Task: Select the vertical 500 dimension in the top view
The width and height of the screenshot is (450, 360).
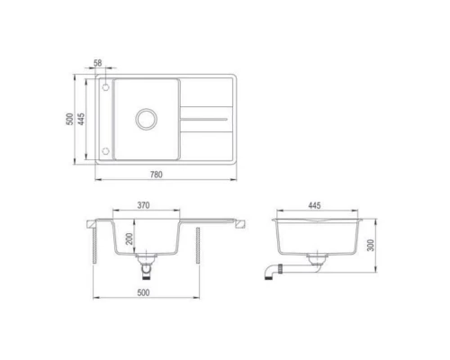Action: [x=69, y=121]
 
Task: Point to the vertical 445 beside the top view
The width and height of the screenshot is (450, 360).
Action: [x=82, y=121]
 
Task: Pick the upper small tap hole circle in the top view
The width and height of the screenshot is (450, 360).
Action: [x=104, y=87]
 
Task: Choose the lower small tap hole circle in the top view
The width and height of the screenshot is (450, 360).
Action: [x=104, y=149]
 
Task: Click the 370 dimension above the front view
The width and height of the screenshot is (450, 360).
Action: [x=143, y=206]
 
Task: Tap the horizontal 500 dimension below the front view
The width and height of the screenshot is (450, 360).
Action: [x=145, y=292]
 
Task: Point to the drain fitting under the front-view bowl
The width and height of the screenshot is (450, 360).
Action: [x=144, y=265]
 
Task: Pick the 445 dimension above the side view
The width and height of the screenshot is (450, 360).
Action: [x=314, y=206]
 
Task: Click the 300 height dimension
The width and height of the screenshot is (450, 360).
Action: [x=369, y=246]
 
